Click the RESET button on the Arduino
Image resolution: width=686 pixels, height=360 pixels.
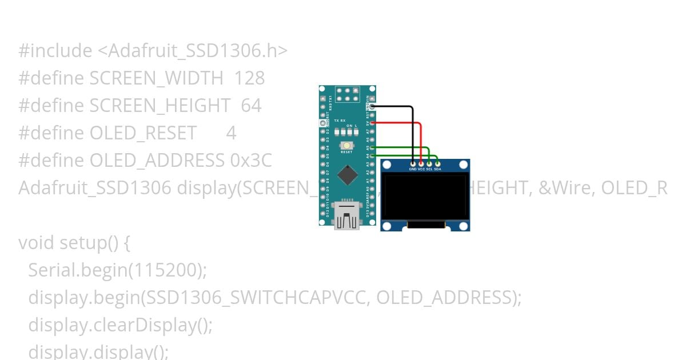click(346, 146)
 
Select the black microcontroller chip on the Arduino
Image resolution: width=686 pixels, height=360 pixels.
click(346, 175)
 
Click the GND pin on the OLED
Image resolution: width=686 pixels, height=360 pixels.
click(413, 164)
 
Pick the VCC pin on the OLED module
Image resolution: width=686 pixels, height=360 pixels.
click(421, 164)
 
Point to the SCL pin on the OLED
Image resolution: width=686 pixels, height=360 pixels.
click(429, 164)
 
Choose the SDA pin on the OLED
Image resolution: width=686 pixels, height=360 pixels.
click(437, 164)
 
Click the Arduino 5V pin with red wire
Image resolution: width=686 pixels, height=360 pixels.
click(372, 122)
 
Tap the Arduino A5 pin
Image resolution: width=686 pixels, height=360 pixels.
click(372, 147)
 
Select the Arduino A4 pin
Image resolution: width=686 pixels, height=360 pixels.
click(372, 155)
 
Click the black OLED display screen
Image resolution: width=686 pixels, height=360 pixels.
click(425, 197)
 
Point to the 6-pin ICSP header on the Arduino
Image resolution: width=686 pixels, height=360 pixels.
click(347, 94)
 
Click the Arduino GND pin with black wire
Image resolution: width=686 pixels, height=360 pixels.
click(372, 106)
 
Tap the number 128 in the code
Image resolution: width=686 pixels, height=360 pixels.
click(250, 78)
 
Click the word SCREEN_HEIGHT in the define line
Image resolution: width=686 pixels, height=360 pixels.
click(160, 106)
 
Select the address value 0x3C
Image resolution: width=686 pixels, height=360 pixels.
click(251, 161)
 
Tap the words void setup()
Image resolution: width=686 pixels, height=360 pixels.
click(69, 243)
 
